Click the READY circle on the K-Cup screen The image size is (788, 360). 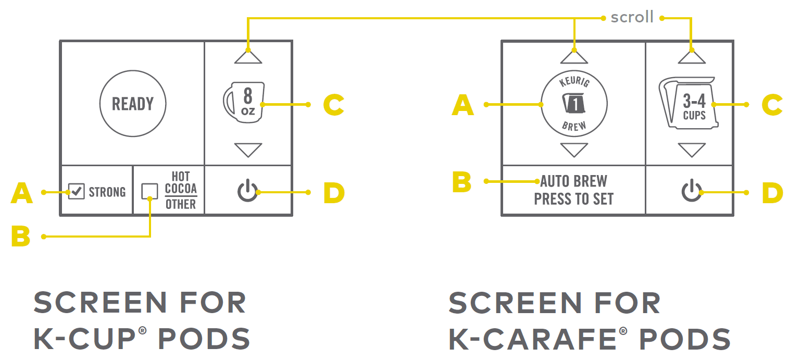133,104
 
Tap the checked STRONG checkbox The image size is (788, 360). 77,192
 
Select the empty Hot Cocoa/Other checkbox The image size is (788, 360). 149,191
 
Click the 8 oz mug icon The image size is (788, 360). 243,103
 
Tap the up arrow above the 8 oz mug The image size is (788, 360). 248,56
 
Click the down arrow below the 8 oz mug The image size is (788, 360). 248,150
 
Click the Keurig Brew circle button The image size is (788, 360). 574,104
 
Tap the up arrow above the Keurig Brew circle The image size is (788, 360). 574,56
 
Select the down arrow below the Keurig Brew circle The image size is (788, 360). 574,150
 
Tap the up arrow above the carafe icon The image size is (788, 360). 692,56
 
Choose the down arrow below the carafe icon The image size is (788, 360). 692,150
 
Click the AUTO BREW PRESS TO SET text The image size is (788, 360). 574,190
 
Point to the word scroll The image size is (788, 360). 632,17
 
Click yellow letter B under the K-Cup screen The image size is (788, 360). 21,237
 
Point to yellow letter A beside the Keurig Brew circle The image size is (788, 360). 462,106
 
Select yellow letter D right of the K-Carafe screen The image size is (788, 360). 772,193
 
